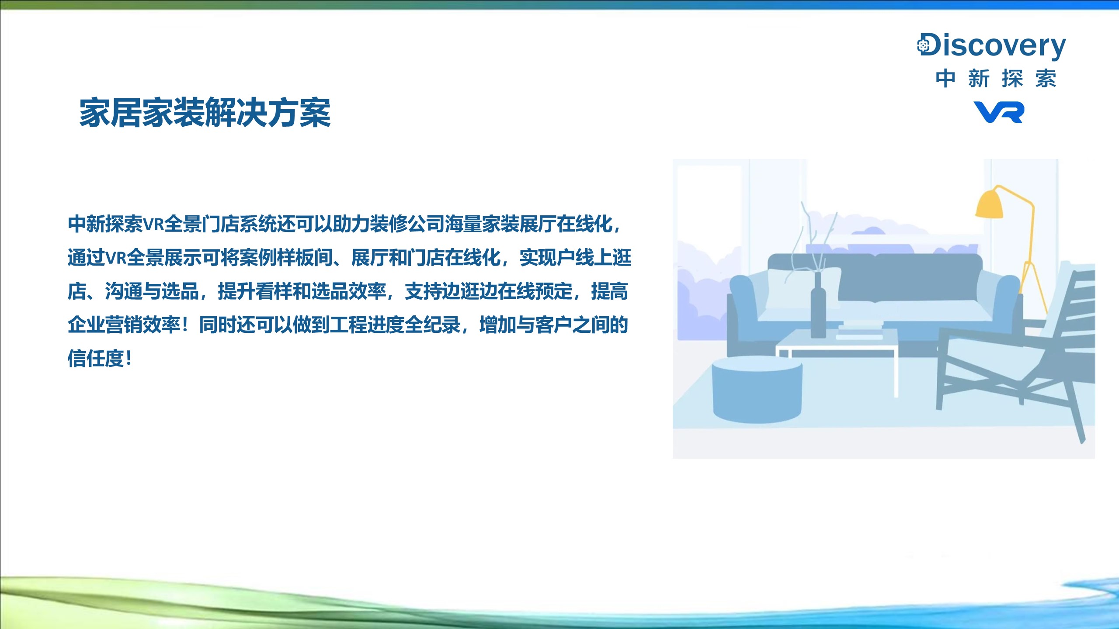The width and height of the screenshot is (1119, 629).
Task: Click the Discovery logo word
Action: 991,45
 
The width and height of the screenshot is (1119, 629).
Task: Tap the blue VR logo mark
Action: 999,112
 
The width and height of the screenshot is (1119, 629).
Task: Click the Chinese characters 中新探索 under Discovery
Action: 996,79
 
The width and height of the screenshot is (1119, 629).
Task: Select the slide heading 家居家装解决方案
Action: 205,113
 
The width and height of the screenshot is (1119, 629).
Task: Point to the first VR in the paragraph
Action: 153,224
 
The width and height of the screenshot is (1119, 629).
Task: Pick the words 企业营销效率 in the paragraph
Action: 124,325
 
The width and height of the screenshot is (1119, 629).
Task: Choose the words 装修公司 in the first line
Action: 407,224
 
